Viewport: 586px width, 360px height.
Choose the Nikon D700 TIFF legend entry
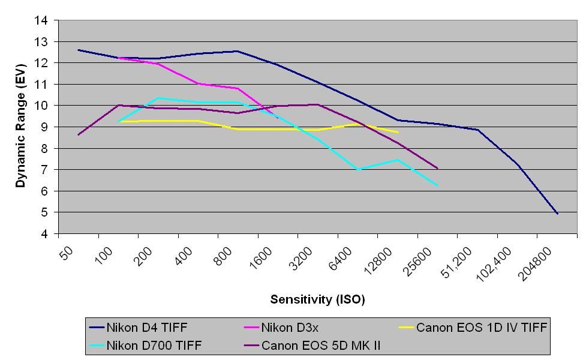pyautogui.click(x=154, y=346)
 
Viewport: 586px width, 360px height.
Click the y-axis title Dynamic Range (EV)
pyautogui.click(x=21, y=126)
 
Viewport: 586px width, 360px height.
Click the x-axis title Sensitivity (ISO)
pyautogui.click(x=317, y=299)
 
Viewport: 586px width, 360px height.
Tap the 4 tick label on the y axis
pyautogui.click(x=44, y=234)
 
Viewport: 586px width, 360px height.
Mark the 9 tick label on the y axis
pyautogui.click(x=44, y=127)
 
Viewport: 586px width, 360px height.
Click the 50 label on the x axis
pyautogui.click(x=67, y=253)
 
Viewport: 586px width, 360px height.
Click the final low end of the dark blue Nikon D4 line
pyautogui.click(x=557, y=213)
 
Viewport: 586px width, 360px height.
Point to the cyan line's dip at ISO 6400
pyautogui.click(x=358, y=170)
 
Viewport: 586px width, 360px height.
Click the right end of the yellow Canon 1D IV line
pyautogui.click(x=398, y=133)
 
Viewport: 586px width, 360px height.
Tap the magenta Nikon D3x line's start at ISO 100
pyautogui.click(x=119, y=58)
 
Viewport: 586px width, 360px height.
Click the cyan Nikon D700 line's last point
pyautogui.click(x=438, y=186)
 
